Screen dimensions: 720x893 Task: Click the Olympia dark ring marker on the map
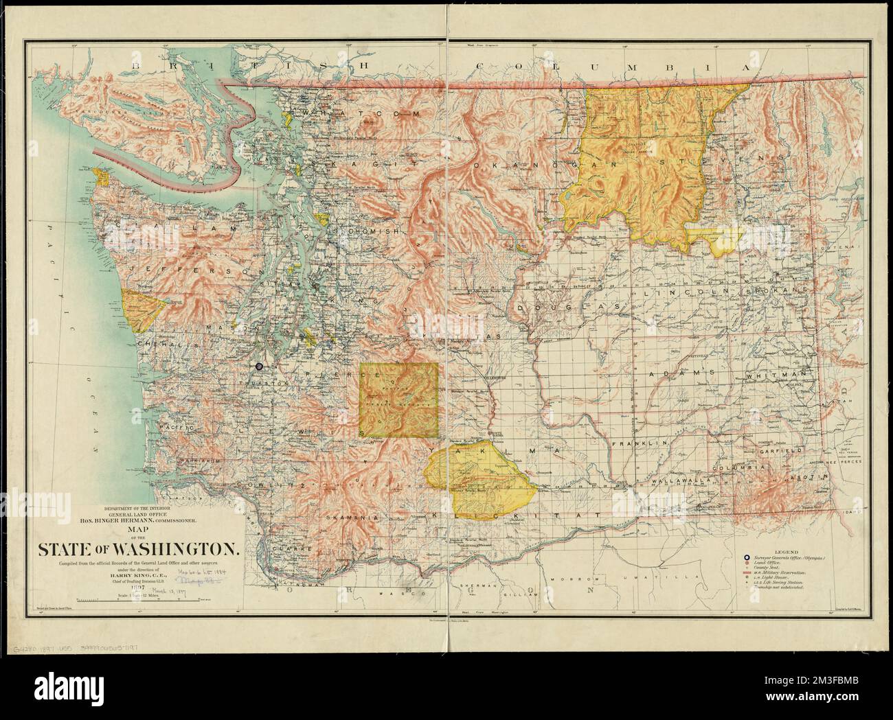(x=258, y=367)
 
